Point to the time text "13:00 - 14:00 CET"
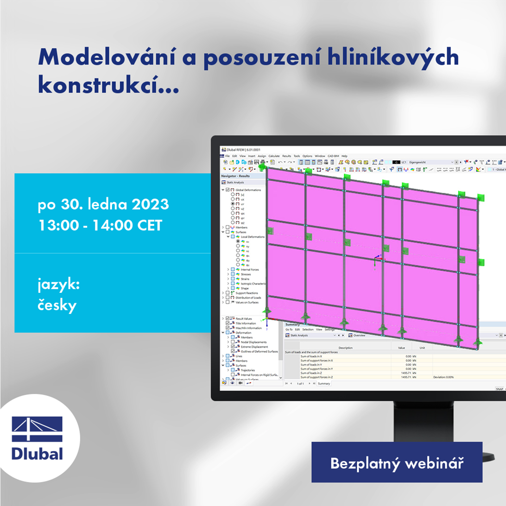pyautogui.click(x=100, y=226)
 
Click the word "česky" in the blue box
pyautogui.click(x=57, y=306)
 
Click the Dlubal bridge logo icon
pyautogui.click(x=37, y=429)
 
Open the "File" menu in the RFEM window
pyautogui.click(x=227, y=156)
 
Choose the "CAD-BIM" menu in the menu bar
pyautogui.click(x=333, y=156)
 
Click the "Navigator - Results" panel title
pyautogui.click(x=235, y=176)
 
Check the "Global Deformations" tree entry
pyautogui.click(x=248, y=190)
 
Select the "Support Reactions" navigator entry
pyautogui.click(x=247, y=293)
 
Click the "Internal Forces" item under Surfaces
pyautogui.click(x=250, y=270)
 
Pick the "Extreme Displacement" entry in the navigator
pyautogui.click(x=254, y=347)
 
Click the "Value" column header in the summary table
pyautogui.click(x=401, y=348)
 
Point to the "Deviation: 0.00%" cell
pyautogui.click(x=443, y=377)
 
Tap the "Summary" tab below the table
pyautogui.click(x=324, y=383)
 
